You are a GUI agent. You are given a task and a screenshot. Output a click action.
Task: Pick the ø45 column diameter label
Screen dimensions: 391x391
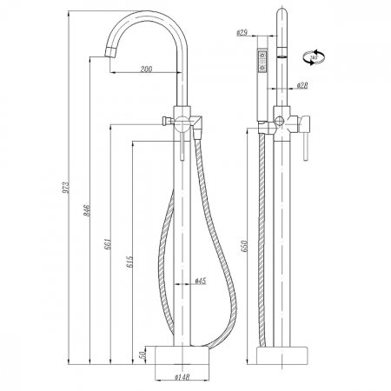click(199, 281)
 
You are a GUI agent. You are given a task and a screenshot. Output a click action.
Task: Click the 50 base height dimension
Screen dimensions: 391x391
click(143, 356)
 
